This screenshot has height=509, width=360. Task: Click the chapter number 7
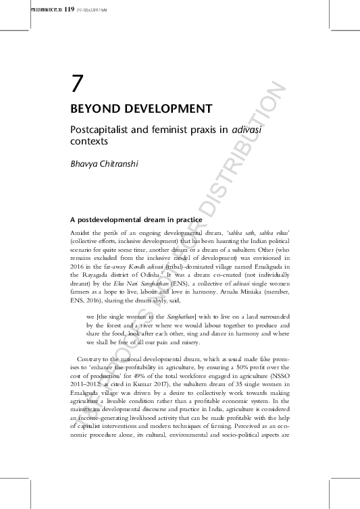[77, 84]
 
